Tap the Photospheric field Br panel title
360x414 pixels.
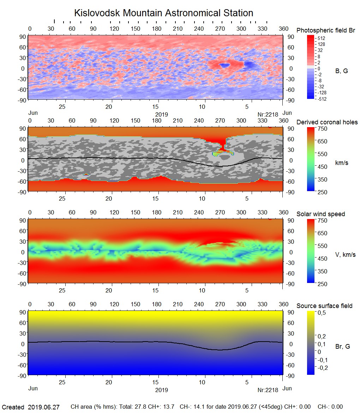click(326, 30)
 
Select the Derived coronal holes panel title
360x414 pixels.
click(327, 122)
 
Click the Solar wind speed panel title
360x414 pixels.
click(320, 214)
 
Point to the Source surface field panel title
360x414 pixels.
click(324, 306)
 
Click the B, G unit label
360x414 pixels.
click(341, 71)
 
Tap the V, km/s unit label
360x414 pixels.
click(345, 255)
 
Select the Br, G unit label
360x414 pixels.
click(342, 347)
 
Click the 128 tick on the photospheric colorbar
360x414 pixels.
click(321, 44)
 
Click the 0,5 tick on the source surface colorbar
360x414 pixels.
click(321, 313)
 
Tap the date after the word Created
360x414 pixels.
click(44, 407)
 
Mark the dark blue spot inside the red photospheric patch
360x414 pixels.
click(224, 65)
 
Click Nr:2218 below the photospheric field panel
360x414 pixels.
click(268, 114)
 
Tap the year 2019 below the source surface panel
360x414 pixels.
click(161, 390)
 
